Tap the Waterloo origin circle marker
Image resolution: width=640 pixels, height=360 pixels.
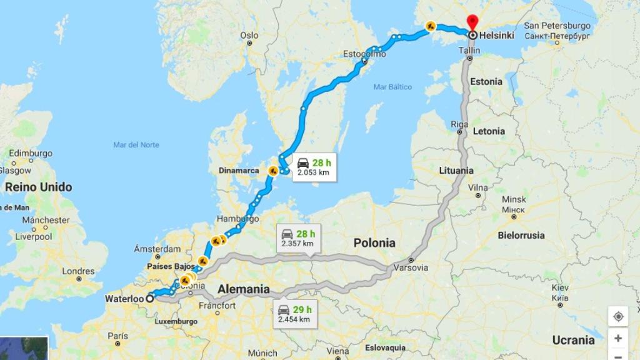(x=149, y=299)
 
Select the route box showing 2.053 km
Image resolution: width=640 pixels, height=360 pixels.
(x=312, y=167)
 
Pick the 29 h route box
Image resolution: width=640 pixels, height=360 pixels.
(x=294, y=314)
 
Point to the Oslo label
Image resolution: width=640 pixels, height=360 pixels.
(x=249, y=35)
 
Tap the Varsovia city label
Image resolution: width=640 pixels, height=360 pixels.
(x=411, y=267)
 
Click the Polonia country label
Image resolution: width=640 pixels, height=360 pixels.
(x=374, y=242)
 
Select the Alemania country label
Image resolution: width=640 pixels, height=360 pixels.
(x=244, y=289)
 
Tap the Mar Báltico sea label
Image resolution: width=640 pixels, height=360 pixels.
(x=392, y=87)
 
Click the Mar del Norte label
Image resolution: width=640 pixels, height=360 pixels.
(x=136, y=145)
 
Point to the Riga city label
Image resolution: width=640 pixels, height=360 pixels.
(x=459, y=124)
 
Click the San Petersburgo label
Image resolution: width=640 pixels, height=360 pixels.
(x=557, y=26)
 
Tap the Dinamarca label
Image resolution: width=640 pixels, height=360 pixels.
(x=238, y=170)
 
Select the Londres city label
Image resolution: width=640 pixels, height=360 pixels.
(x=79, y=271)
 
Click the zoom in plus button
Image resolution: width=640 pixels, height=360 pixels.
(x=617, y=338)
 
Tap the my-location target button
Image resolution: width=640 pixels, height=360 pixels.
(x=617, y=316)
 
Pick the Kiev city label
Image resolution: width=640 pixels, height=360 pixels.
(x=560, y=288)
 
